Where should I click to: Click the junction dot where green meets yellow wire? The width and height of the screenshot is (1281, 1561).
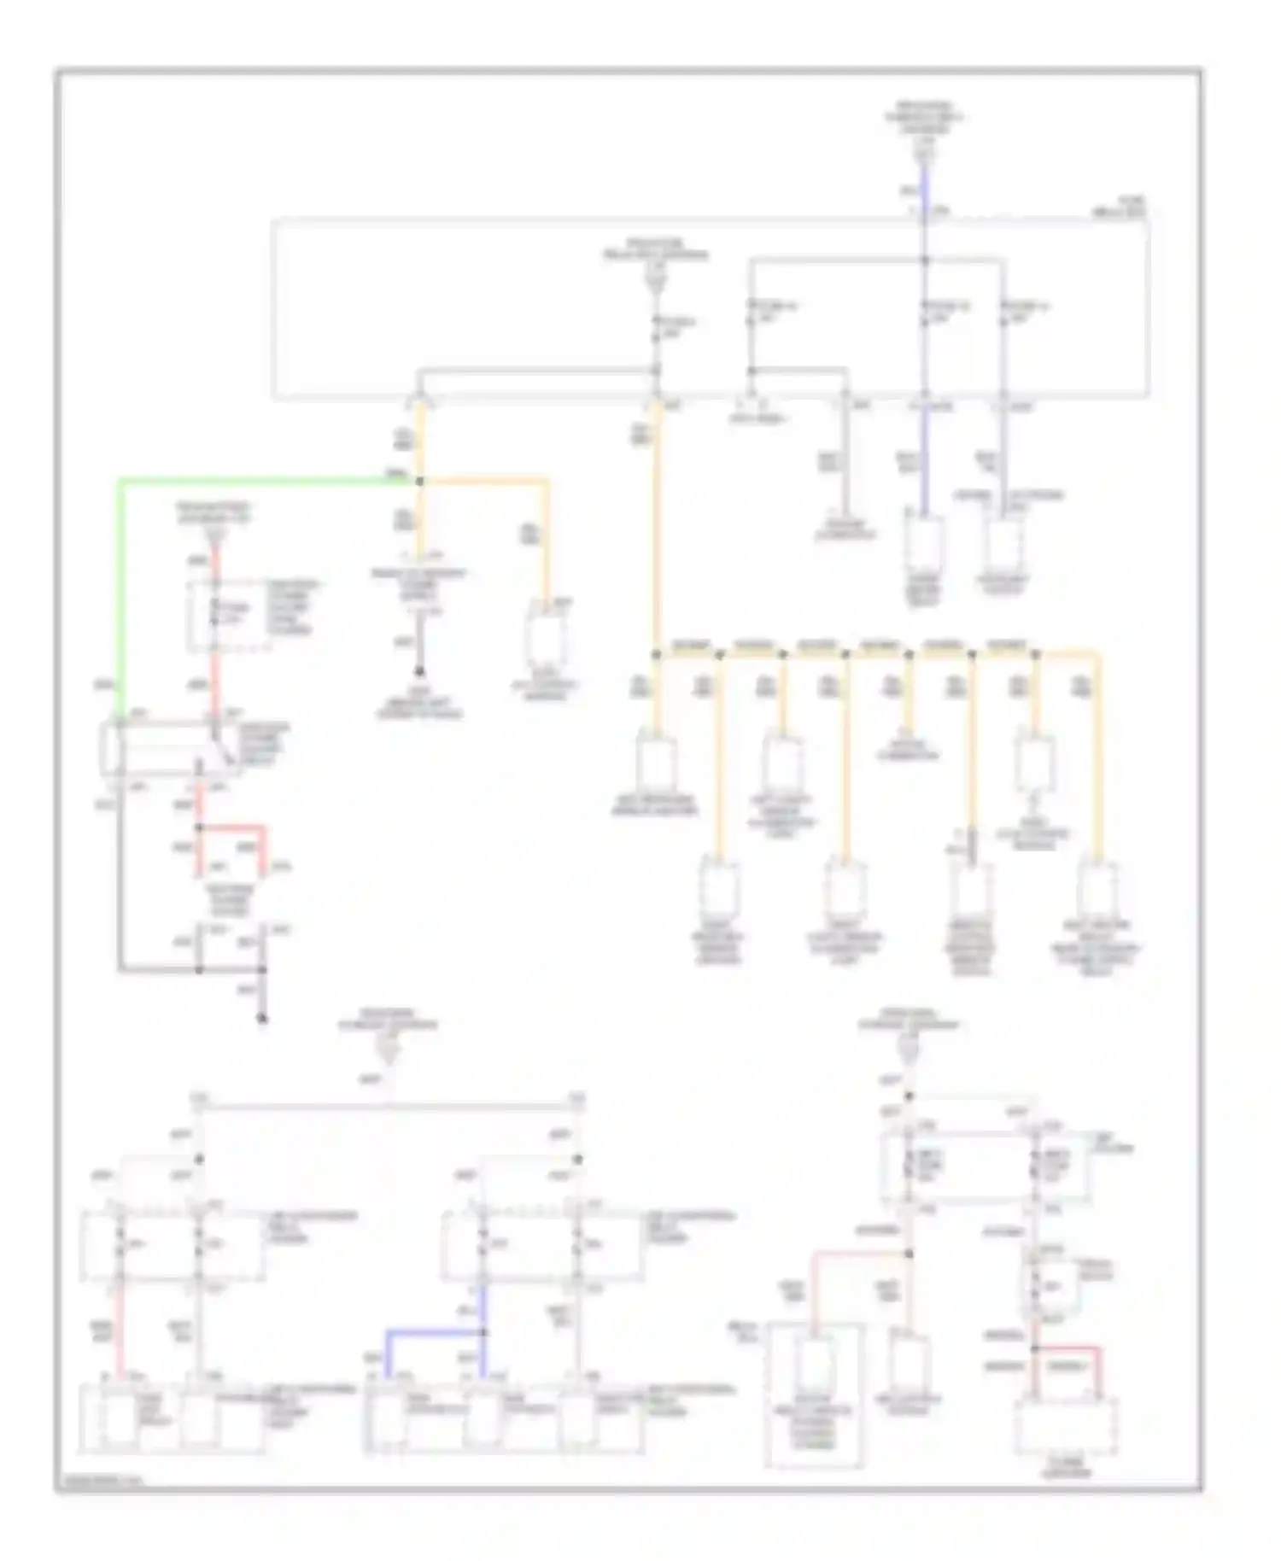pyautogui.click(x=419, y=482)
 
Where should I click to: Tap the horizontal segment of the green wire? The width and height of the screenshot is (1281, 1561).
pyautogui.click(x=256, y=482)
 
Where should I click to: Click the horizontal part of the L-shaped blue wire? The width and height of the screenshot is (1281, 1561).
pyautogui.click(x=431, y=1332)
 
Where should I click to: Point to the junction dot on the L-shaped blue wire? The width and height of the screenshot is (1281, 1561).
pyautogui.click(x=483, y=1332)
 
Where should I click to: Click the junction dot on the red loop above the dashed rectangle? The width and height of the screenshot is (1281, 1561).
pyautogui.click(x=1034, y=1348)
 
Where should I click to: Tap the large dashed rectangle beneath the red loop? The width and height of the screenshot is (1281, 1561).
pyautogui.click(x=1066, y=1427)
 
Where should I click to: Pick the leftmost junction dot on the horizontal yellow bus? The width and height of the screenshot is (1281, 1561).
pyautogui.click(x=656, y=655)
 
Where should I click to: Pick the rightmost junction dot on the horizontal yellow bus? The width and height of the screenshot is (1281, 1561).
pyautogui.click(x=1035, y=655)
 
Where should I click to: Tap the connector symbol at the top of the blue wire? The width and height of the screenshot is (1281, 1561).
pyautogui.click(x=923, y=155)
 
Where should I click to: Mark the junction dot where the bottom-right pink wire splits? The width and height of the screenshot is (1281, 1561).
pyautogui.click(x=909, y=1254)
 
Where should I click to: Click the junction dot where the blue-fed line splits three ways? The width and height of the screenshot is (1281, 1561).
pyautogui.click(x=923, y=259)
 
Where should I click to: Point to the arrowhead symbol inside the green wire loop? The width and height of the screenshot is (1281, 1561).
pyautogui.click(x=215, y=535)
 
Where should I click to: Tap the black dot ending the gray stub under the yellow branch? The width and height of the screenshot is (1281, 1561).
pyautogui.click(x=419, y=673)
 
